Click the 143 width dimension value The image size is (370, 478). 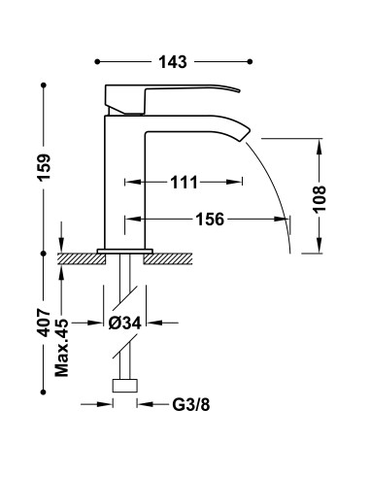176,61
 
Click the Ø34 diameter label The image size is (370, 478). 125,323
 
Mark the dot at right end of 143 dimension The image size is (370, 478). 252,61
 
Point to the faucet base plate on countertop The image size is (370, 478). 124,252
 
